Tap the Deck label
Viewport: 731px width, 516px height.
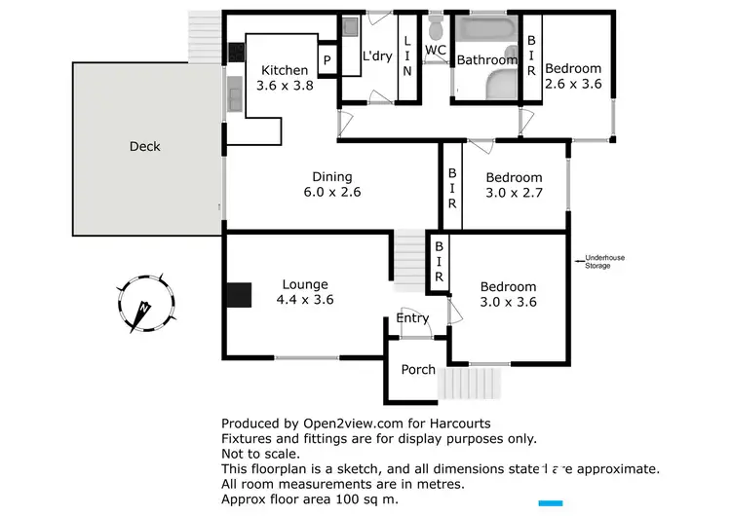click(x=144, y=147)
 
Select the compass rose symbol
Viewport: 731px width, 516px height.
click(x=144, y=303)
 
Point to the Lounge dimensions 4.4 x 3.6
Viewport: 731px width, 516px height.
click(x=305, y=300)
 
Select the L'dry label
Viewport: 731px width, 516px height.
click(x=376, y=56)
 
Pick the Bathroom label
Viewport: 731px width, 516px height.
click(x=487, y=60)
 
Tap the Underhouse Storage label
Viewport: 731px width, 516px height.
click(x=597, y=261)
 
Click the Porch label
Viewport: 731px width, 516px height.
click(x=418, y=370)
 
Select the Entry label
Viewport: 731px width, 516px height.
click(x=411, y=318)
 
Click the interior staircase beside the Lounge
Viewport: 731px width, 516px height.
click(x=410, y=260)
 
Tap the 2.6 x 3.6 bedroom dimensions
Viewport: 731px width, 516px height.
click(x=573, y=84)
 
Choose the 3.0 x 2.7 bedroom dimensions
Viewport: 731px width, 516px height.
click(x=514, y=193)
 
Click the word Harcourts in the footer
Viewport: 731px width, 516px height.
click(x=458, y=424)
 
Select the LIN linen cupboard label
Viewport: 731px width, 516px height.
click(x=407, y=55)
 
